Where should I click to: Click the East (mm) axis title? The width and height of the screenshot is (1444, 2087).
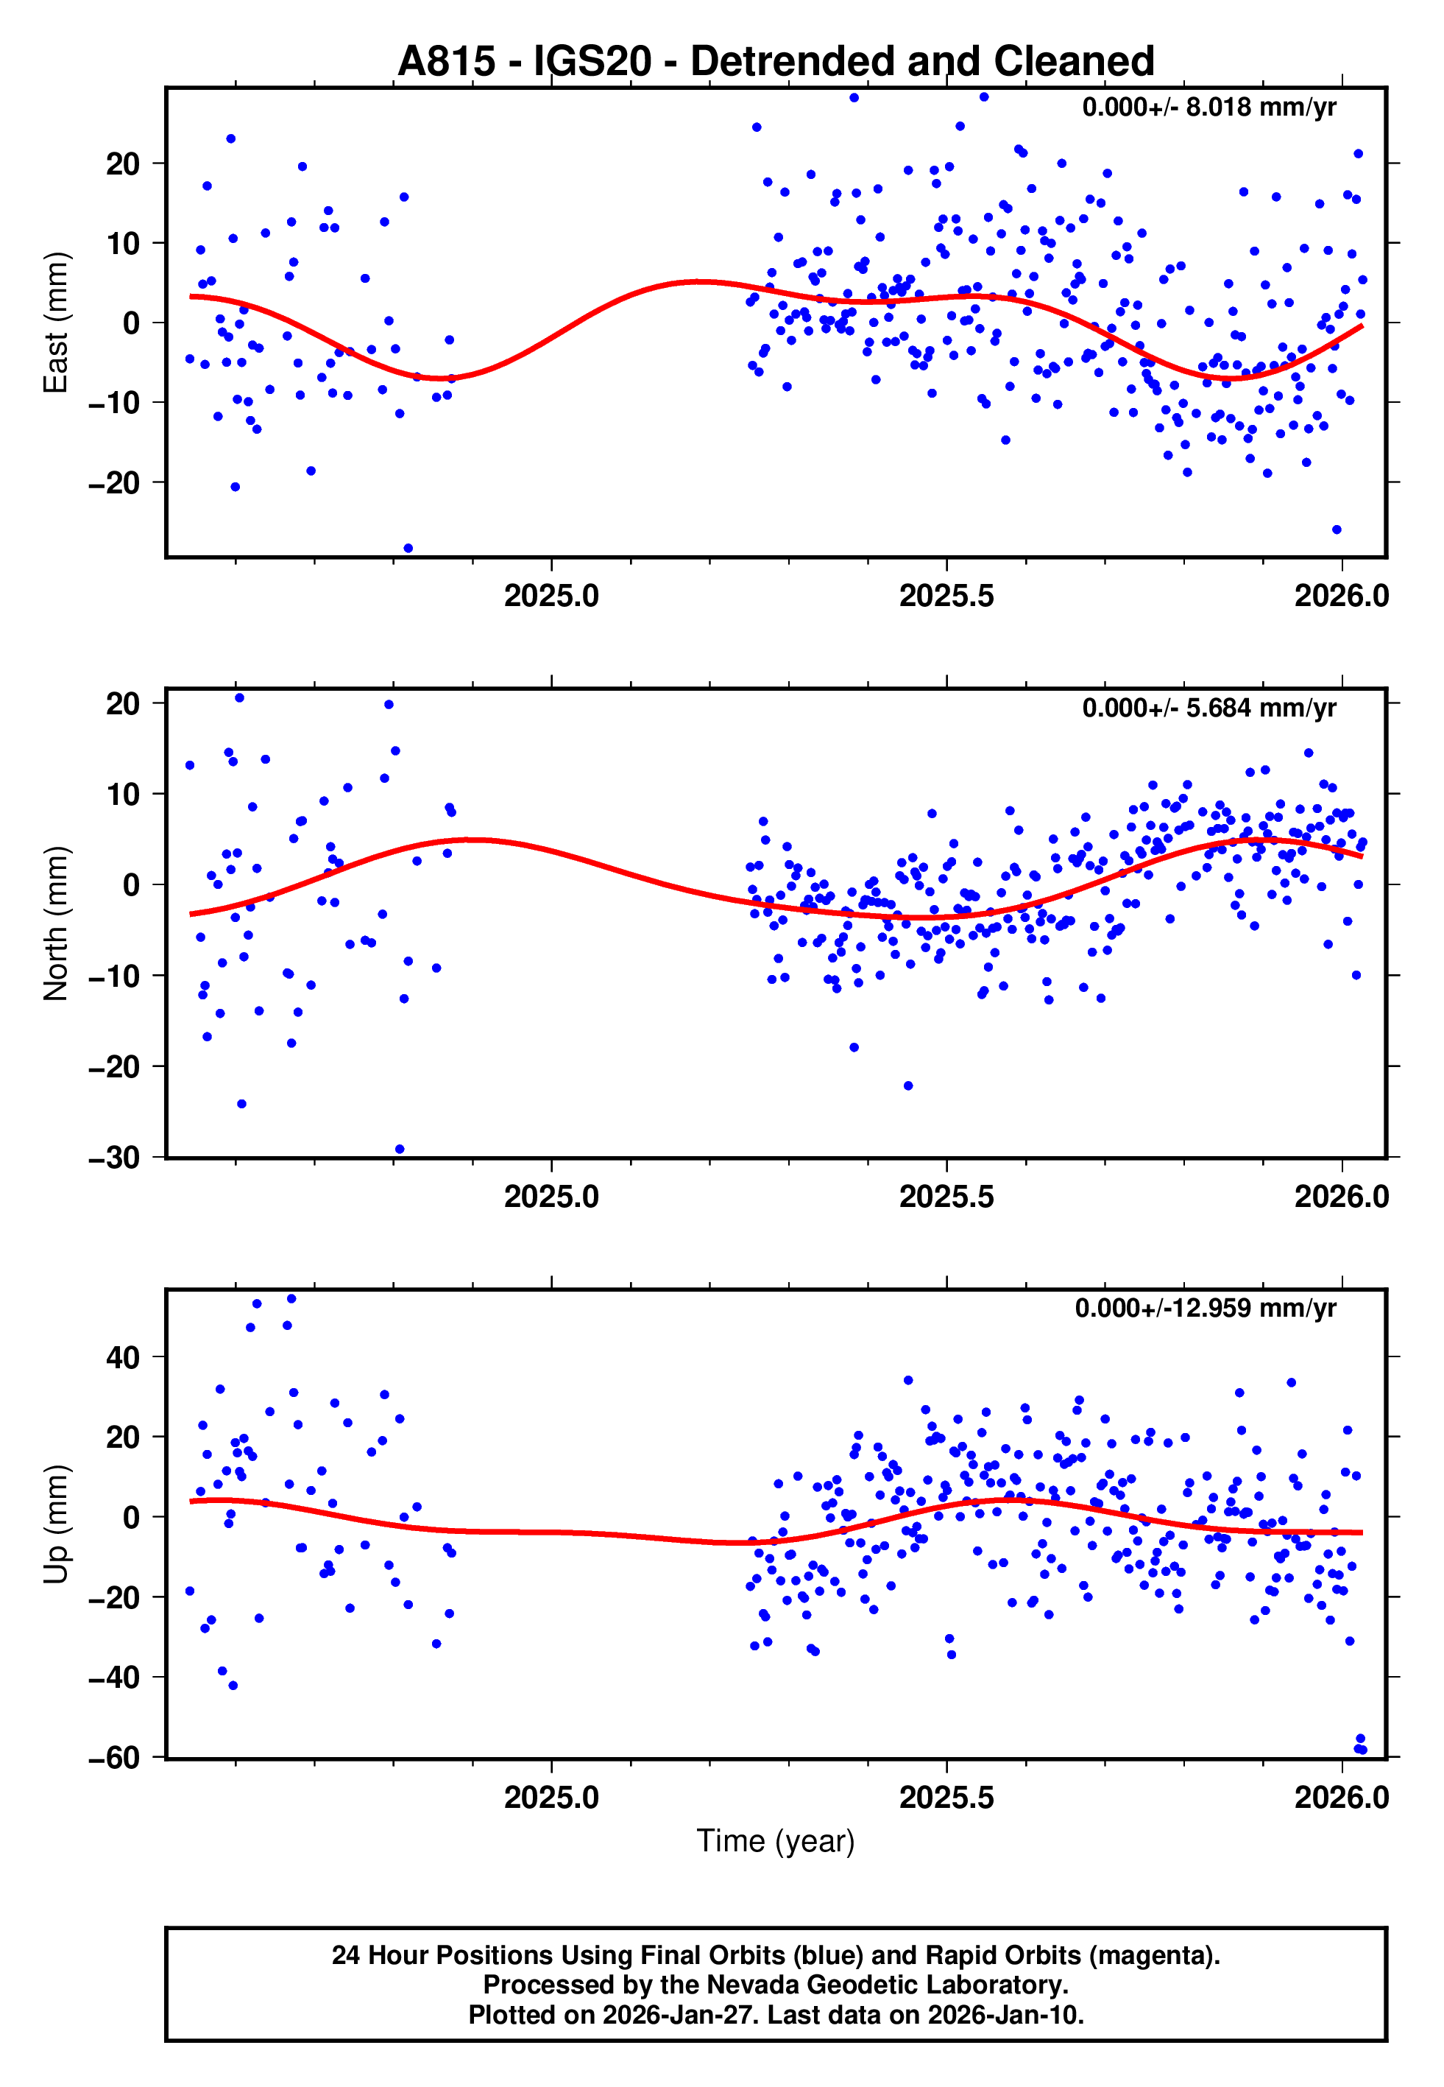(56, 323)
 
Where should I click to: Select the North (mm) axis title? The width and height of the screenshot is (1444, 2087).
(56, 923)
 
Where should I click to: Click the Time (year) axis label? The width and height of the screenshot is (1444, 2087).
(776, 1841)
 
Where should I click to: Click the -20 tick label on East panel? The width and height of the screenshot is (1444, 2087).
(114, 483)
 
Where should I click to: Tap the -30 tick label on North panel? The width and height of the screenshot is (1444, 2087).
(114, 1158)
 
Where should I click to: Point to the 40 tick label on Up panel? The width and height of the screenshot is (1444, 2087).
(123, 1357)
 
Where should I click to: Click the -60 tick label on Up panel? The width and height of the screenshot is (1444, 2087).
(114, 1758)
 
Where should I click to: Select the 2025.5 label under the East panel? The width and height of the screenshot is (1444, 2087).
(946, 596)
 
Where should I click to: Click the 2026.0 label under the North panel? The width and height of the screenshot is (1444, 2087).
(1341, 1197)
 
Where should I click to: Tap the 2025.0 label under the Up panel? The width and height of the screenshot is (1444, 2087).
(551, 1797)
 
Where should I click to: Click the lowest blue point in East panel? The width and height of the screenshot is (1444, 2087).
(408, 549)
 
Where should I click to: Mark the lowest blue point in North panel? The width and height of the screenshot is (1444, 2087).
(400, 1150)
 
